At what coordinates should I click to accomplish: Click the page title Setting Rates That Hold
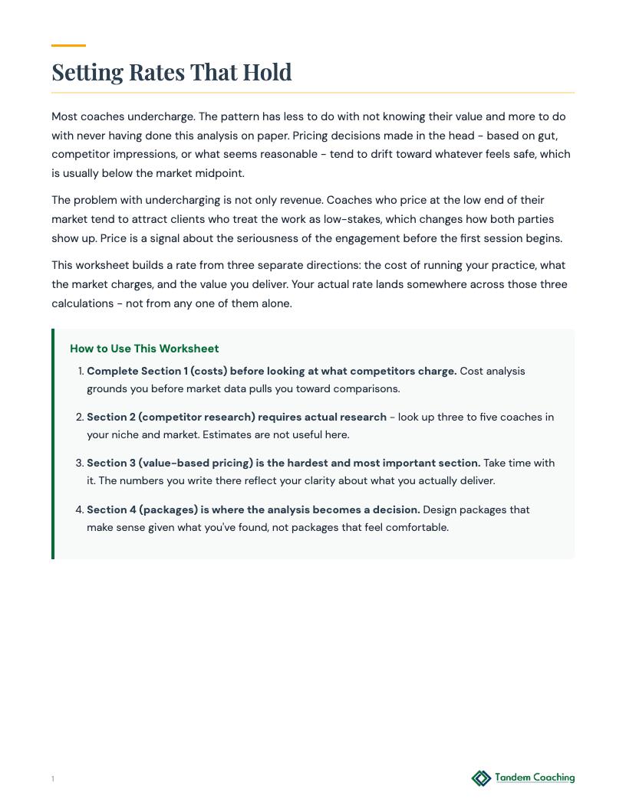pos(172,72)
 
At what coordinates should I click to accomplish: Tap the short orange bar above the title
pos(68,46)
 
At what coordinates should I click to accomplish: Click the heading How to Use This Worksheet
pos(144,349)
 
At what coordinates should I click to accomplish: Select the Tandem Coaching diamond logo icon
pos(481,778)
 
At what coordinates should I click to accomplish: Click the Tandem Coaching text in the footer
pos(535,778)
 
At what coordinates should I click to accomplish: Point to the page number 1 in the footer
pos(53,779)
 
